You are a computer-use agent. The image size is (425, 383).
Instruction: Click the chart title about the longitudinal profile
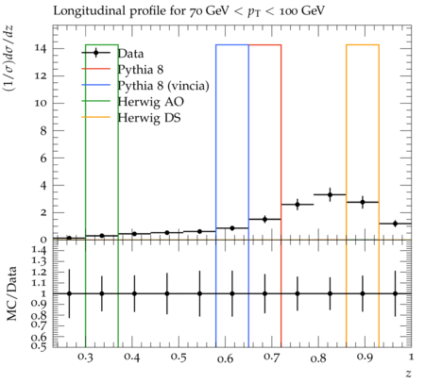click(x=189, y=11)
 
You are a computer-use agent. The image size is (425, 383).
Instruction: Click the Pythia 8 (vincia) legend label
click(x=163, y=86)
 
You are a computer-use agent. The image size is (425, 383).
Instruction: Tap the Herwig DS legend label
click(x=149, y=118)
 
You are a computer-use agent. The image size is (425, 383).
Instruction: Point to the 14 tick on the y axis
click(x=41, y=49)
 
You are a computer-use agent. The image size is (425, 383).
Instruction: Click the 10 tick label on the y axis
click(x=41, y=104)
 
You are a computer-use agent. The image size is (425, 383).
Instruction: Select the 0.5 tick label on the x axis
click(x=178, y=358)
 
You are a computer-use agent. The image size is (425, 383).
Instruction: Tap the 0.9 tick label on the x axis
click(x=365, y=358)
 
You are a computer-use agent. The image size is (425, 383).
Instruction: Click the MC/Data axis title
click(x=12, y=293)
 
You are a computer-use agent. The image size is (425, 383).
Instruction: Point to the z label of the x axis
click(x=408, y=374)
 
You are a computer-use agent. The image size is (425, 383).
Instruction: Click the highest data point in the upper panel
click(x=330, y=194)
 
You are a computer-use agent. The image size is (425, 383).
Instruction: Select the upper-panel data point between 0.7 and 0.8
click(x=297, y=205)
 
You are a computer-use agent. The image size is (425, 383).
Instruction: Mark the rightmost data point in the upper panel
click(x=395, y=224)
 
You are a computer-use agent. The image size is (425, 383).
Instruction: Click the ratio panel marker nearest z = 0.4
click(x=134, y=293)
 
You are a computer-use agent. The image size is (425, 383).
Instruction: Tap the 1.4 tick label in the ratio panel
click(x=40, y=250)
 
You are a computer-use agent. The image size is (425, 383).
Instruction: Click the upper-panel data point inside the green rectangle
click(x=102, y=236)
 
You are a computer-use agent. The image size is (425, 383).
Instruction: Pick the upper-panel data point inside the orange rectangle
click(x=363, y=202)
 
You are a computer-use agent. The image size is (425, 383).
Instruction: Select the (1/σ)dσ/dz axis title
click(x=8, y=58)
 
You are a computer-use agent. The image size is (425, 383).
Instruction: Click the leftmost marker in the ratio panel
click(x=69, y=293)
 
